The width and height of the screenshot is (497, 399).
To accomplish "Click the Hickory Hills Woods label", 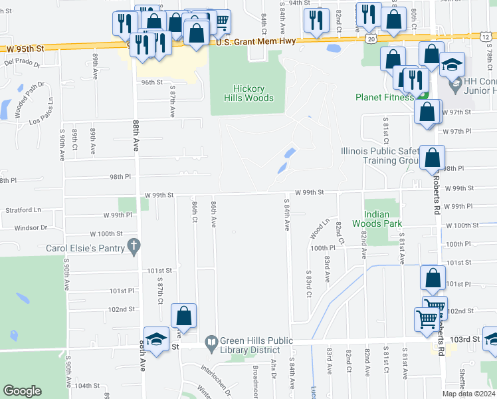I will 253,93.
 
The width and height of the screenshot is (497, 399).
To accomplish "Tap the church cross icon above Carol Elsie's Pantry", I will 134,247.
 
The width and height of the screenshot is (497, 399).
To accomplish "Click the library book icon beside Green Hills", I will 211,340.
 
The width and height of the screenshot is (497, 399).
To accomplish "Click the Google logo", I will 22,391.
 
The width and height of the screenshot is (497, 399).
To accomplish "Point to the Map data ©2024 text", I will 468,394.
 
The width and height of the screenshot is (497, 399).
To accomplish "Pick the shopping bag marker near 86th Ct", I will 183,316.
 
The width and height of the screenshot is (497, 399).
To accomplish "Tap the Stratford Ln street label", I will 23,209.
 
